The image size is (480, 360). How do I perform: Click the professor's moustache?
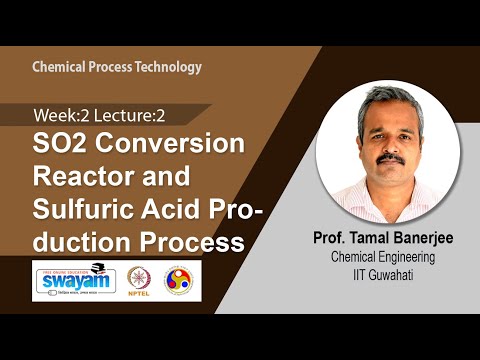click(x=391, y=157)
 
